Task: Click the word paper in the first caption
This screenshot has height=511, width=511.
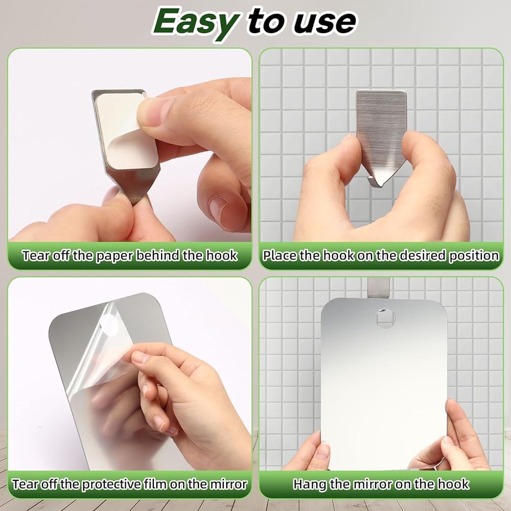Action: point(114,256)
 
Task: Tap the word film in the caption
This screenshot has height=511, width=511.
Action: point(155,484)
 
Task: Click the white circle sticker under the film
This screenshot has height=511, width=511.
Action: point(108,325)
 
